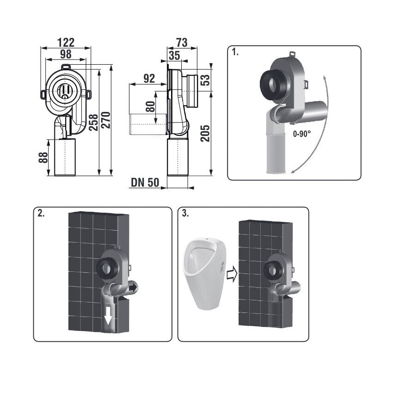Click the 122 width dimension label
click(x=66, y=42)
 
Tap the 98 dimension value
click(x=66, y=54)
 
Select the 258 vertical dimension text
click(x=93, y=123)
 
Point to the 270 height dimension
click(x=106, y=120)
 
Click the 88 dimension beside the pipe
click(x=43, y=158)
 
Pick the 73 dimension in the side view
click(x=182, y=43)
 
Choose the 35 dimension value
click(x=174, y=55)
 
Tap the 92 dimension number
click(x=149, y=79)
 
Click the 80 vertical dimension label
click(x=150, y=106)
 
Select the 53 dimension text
click(x=205, y=80)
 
